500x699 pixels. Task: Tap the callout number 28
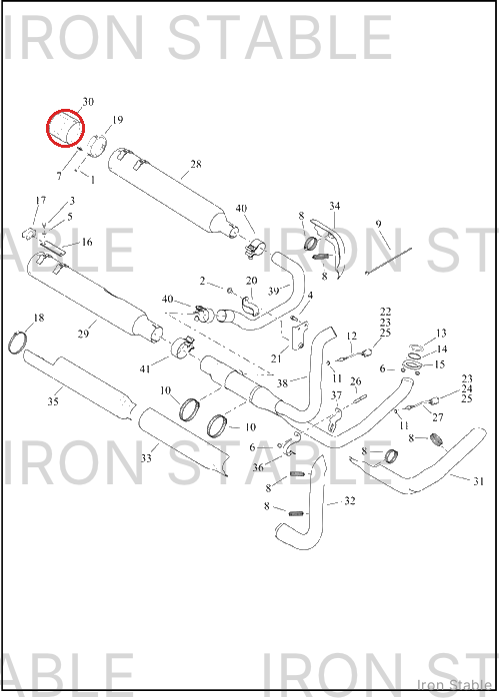196,164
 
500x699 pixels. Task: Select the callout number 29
83,334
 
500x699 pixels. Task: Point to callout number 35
53,401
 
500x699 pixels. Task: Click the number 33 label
146,457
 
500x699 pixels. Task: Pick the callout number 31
478,481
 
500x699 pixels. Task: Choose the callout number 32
350,501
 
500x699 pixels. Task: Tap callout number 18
39,318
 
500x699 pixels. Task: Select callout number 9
379,224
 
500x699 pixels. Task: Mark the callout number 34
334,206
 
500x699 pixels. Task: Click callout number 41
145,368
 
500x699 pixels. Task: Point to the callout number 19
117,120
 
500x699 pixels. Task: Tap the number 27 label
438,417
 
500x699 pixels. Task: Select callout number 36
258,467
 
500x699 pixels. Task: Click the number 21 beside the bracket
276,358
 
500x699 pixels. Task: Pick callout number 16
87,242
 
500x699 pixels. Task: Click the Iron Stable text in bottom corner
454,685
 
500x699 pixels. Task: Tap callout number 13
441,334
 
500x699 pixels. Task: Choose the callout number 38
282,382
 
